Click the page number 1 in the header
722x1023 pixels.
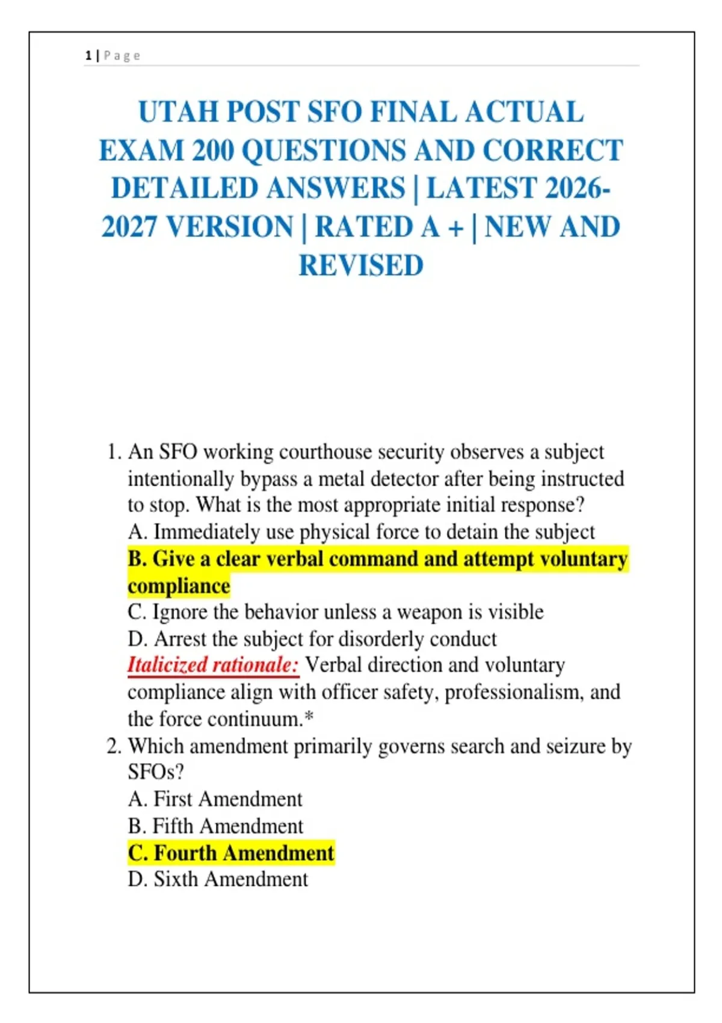(x=88, y=56)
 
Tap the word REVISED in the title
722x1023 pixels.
(x=361, y=265)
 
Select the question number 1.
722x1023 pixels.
(x=113, y=452)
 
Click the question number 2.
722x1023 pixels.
(x=113, y=746)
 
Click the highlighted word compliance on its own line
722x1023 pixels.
(x=179, y=586)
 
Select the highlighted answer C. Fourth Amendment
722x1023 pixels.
(x=231, y=853)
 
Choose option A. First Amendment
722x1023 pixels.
(x=215, y=799)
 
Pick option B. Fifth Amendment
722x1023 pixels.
(x=215, y=826)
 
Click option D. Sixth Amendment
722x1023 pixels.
(x=218, y=879)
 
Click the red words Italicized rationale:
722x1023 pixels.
(x=213, y=666)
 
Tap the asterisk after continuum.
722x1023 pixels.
(x=309, y=717)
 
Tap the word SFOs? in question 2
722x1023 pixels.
(x=156, y=772)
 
